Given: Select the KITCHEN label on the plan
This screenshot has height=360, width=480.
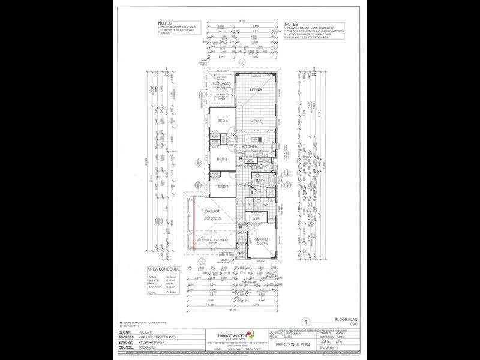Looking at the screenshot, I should (x=250, y=146).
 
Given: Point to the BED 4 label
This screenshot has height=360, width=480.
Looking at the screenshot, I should (x=223, y=122).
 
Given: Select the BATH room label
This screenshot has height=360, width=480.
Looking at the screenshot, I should (x=260, y=181).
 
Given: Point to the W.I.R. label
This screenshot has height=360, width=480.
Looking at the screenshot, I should (x=256, y=219).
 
